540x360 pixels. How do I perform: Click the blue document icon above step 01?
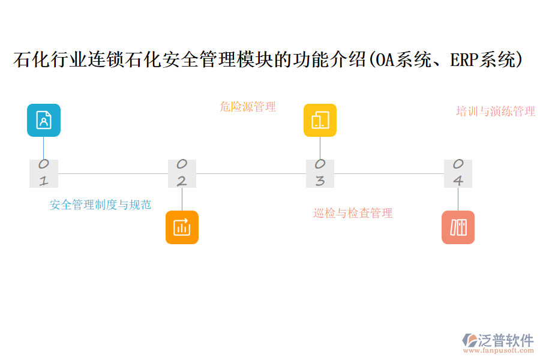pyautogui.click(x=44, y=120)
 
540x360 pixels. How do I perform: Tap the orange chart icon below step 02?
pyautogui.click(x=182, y=227)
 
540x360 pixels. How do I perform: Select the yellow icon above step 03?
pyautogui.click(x=320, y=120)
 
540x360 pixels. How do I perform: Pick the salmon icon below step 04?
pyautogui.click(x=458, y=227)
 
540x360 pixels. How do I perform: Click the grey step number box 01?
pyautogui.click(x=44, y=173)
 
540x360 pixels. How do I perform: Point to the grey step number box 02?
pyautogui.click(x=182, y=173)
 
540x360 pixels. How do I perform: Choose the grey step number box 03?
pyautogui.click(x=320, y=173)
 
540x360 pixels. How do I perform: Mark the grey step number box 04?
pyautogui.click(x=458, y=173)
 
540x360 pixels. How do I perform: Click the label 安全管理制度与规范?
pyautogui.click(x=100, y=205)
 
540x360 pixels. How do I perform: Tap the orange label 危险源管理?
pyautogui.click(x=248, y=107)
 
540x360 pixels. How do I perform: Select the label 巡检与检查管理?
pyautogui.click(x=353, y=213)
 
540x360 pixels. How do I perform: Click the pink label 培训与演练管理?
pyautogui.click(x=496, y=112)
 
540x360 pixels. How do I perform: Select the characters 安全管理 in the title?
pyautogui.click(x=185, y=60)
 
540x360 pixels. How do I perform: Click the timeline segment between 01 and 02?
pyautogui.click(x=113, y=173)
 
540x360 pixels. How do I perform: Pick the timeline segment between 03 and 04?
pyautogui.click(x=389, y=173)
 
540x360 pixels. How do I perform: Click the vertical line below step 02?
pyautogui.click(x=182, y=199)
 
